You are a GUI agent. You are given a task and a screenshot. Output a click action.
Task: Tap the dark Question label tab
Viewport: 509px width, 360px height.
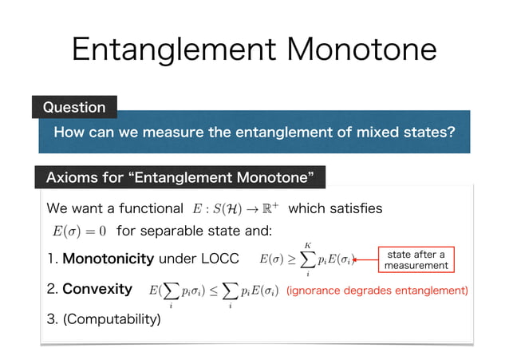pyautogui.click(x=73, y=107)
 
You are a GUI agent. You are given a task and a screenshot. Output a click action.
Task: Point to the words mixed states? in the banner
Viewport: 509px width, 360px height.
pyautogui.click(x=404, y=131)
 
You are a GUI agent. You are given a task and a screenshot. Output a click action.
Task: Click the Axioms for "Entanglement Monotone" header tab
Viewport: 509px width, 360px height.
pyautogui.click(x=180, y=175)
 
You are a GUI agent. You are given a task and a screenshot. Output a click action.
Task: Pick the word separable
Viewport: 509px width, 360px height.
pyautogui.click(x=180, y=232)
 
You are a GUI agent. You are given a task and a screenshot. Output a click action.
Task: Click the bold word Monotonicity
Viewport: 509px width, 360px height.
pyautogui.click(x=108, y=259)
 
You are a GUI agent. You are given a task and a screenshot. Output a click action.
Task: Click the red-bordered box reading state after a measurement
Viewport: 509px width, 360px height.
pyautogui.click(x=416, y=259)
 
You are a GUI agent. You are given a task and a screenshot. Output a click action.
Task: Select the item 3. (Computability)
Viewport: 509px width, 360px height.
pyautogui.click(x=104, y=320)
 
